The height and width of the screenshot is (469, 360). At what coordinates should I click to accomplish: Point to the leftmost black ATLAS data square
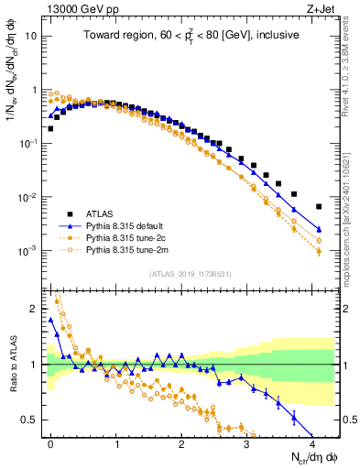tap(50, 128)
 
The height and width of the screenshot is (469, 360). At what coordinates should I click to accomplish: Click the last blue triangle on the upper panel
tap(319, 229)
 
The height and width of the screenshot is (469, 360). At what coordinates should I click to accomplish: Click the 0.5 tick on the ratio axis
tap(29, 420)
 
